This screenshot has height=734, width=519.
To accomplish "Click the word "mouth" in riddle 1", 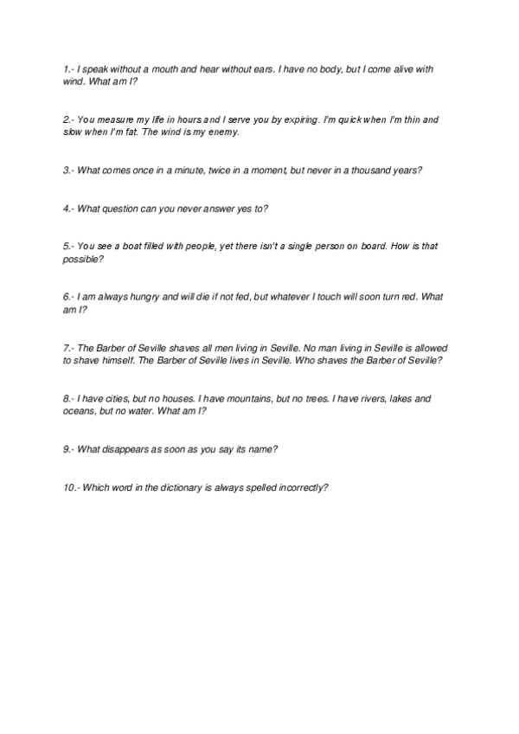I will [176, 68].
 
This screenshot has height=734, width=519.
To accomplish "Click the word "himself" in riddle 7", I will [141, 360].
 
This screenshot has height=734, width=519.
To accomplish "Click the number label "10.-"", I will [72, 487].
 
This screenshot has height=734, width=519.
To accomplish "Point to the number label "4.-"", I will [69, 209].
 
